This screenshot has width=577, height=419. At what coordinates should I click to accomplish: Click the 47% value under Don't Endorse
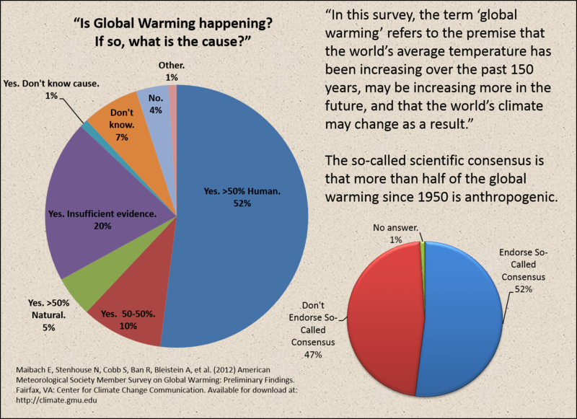click(x=312, y=355)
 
